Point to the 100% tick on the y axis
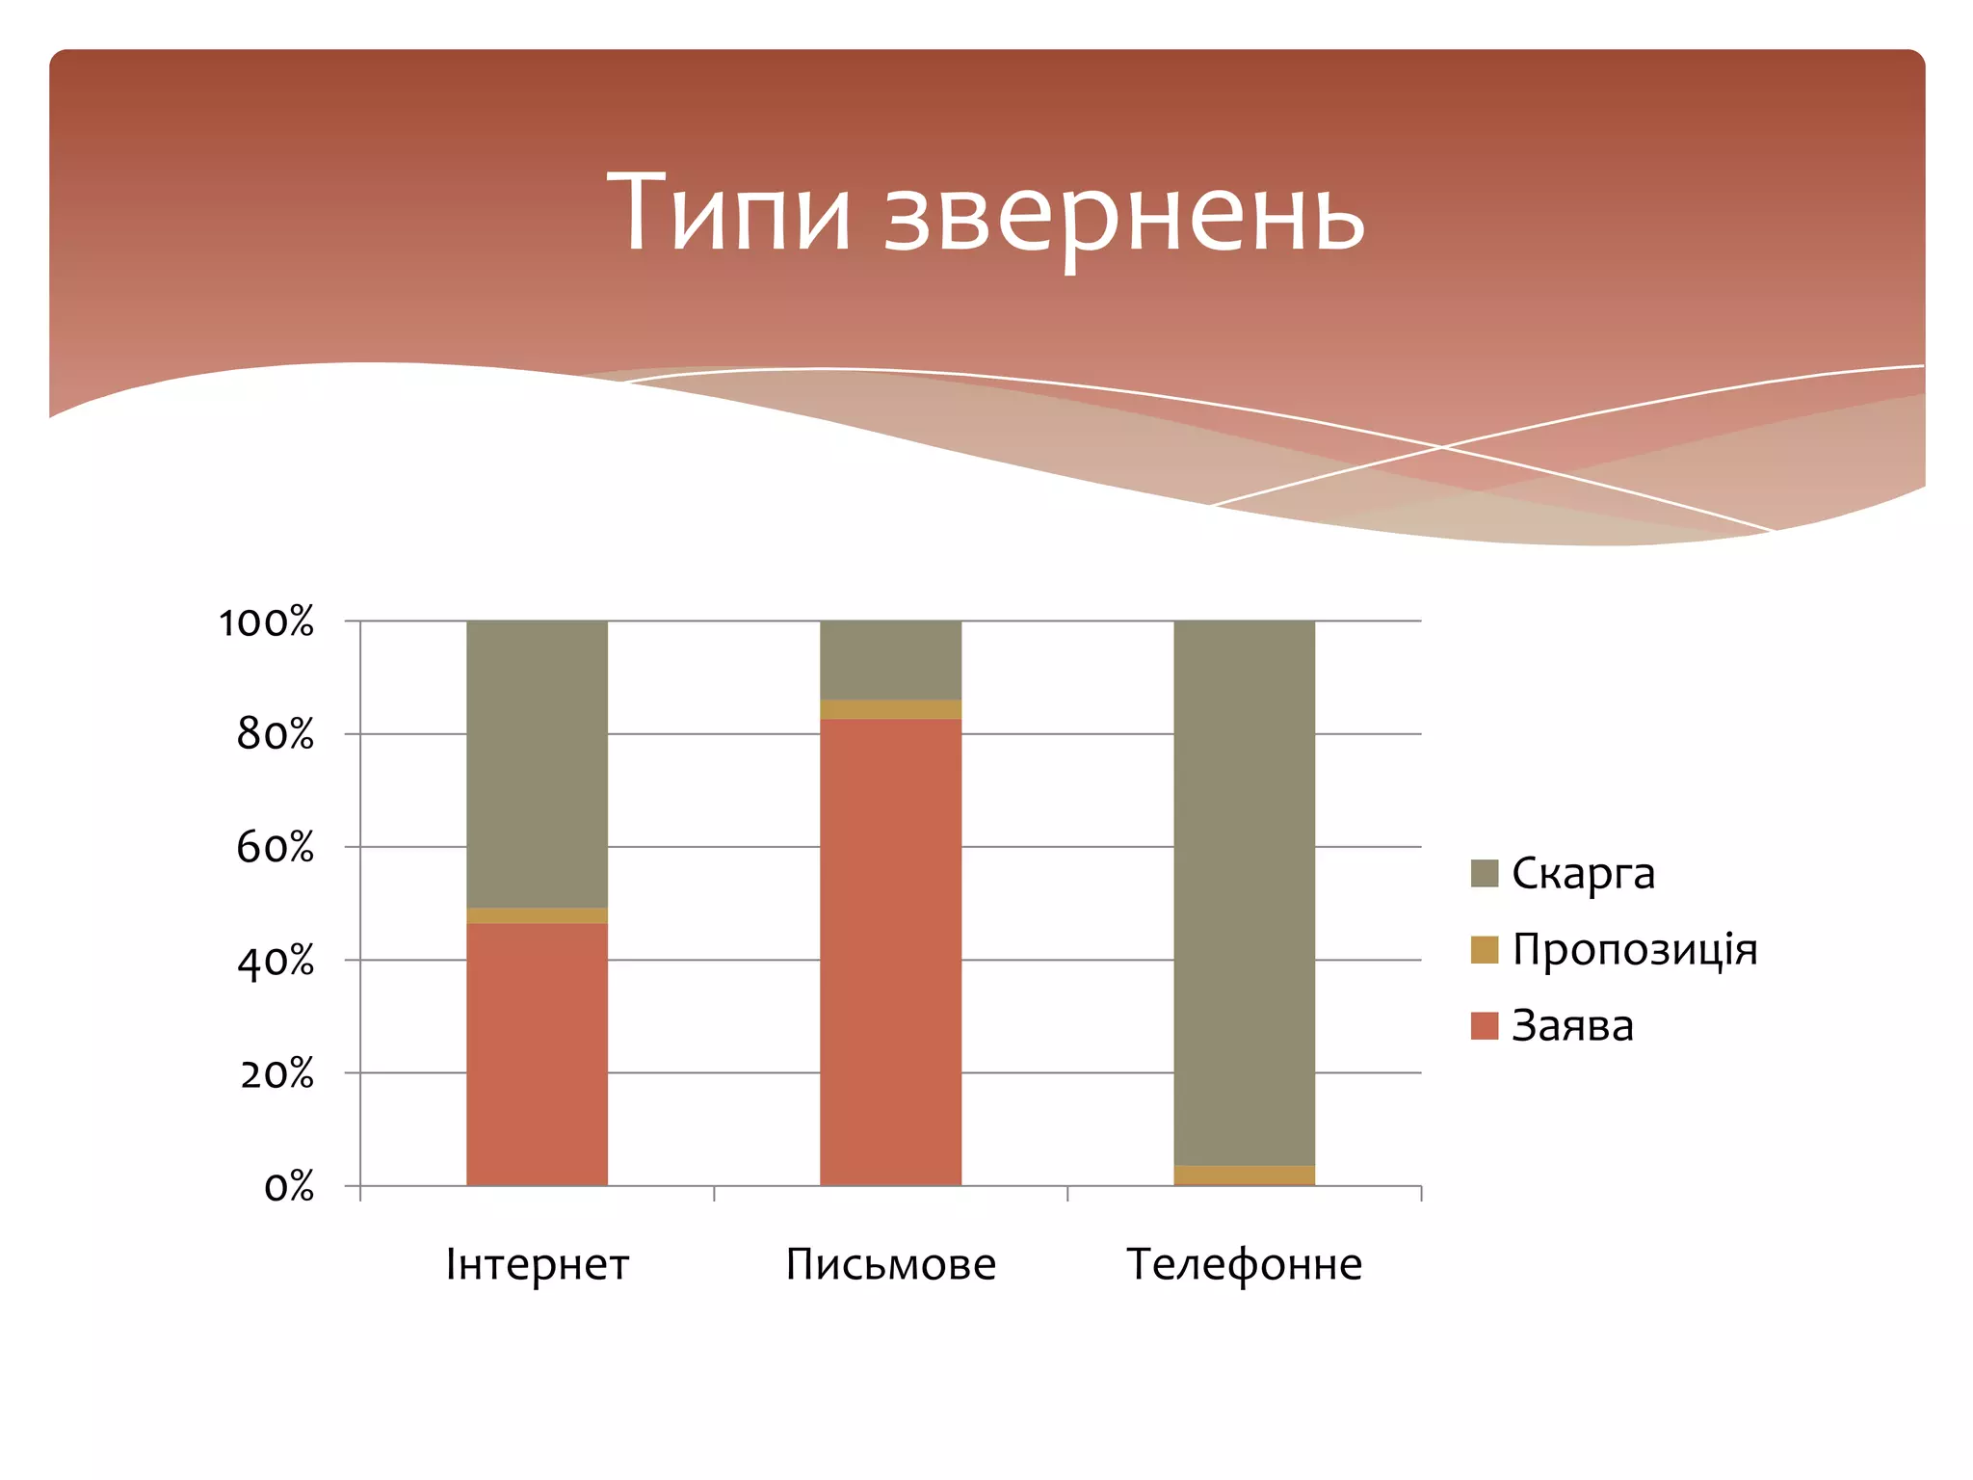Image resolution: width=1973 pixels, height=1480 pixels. coord(267,622)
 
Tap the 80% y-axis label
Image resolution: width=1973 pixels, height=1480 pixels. coord(276,735)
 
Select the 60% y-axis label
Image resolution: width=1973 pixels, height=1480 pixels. coord(276,848)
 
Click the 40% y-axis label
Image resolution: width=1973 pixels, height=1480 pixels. coord(276,962)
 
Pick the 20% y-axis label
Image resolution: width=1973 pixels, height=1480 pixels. coord(277,1073)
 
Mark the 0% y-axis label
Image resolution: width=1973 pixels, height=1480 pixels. coord(289,1187)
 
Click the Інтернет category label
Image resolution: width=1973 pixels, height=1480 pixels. coord(538,1264)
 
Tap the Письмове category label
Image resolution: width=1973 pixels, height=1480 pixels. coord(890,1264)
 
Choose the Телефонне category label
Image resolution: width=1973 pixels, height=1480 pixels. coord(1245,1264)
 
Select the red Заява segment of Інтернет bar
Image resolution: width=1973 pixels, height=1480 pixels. coord(538,1055)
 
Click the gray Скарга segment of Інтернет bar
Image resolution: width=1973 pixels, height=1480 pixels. coord(538,763)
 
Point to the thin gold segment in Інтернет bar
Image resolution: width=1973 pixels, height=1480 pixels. coord(538,915)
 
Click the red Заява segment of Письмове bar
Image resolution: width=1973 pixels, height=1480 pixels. coord(890,952)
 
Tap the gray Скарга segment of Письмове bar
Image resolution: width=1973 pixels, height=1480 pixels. coord(890,659)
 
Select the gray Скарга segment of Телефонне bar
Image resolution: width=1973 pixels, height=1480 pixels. coord(1245,891)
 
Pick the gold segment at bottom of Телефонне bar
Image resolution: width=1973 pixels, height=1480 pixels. coord(1245,1176)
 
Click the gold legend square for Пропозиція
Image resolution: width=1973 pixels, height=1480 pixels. coord(1485,950)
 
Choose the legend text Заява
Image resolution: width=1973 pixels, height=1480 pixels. coord(1572,1026)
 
